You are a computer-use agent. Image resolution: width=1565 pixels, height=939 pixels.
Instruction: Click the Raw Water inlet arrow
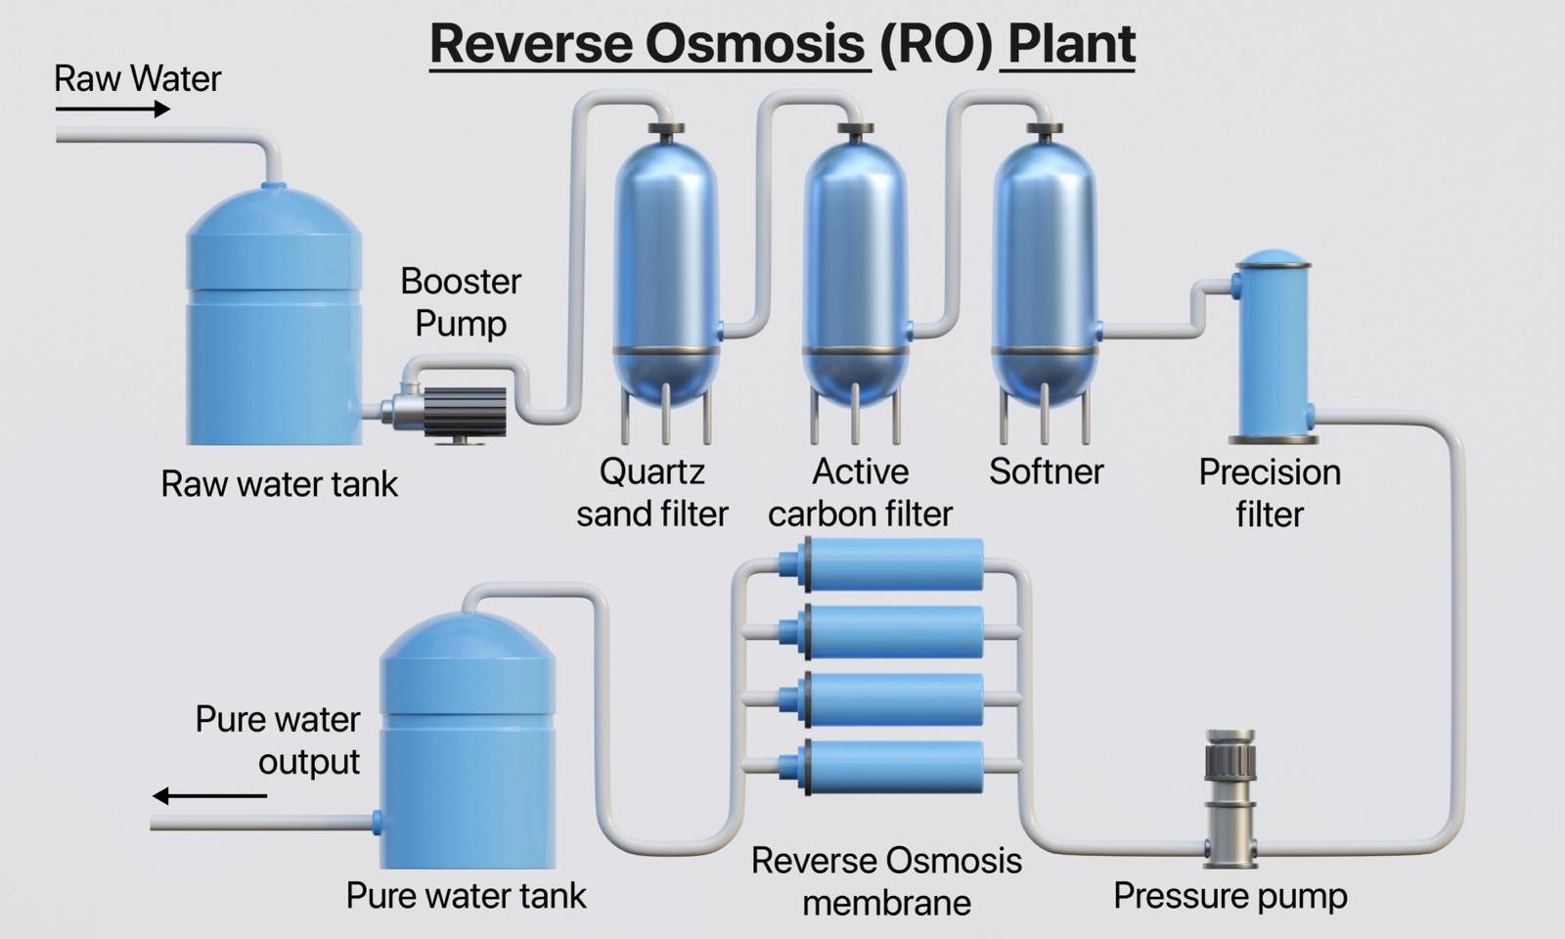(112, 110)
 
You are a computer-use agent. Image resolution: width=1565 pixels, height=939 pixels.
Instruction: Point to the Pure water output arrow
(209, 795)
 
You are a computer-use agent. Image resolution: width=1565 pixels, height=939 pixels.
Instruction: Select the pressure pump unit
(1230, 797)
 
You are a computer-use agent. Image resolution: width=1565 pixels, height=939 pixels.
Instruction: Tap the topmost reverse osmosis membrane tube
(890, 564)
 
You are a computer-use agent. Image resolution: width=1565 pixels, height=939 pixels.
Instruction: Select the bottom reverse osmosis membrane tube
(890, 766)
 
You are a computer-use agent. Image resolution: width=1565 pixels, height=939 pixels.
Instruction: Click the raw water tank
(274, 323)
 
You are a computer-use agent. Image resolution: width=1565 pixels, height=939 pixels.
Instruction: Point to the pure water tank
(468, 743)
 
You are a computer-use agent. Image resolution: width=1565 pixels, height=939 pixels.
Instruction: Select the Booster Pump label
(461, 302)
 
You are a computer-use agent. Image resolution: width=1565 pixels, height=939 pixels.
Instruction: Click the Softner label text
(1046, 472)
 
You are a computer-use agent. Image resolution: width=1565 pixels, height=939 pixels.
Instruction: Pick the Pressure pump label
(1230, 896)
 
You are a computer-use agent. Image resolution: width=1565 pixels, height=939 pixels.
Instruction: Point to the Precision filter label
(1270, 493)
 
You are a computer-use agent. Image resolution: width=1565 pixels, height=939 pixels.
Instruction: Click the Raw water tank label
(279, 484)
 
